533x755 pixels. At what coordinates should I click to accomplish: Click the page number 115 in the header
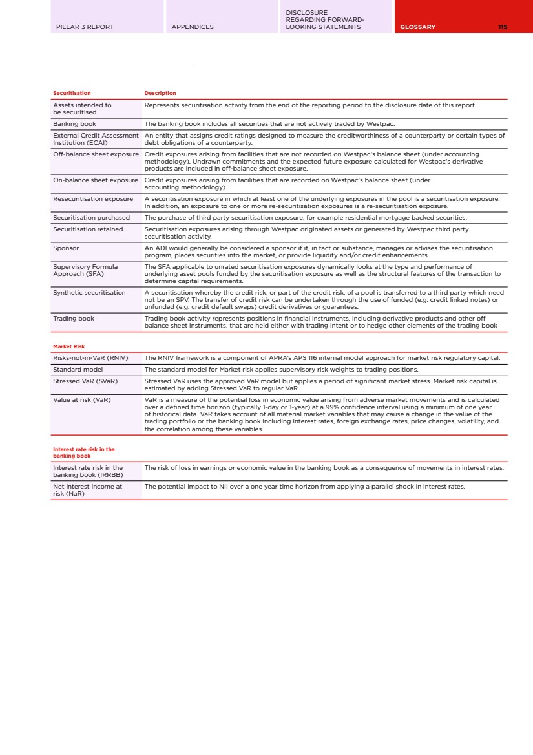[x=502, y=27]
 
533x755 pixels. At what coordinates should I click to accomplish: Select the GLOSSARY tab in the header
[x=417, y=27]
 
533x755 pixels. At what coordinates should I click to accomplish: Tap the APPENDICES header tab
[x=193, y=27]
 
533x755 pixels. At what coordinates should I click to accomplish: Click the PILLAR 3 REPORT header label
[x=85, y=27]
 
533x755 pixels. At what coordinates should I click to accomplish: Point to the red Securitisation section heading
[x=72, y=94]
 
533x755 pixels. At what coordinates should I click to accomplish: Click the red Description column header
[x=160, y=94]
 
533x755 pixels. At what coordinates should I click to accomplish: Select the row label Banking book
[x=74, y=123]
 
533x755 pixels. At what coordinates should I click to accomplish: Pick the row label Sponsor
[x=66, y=248]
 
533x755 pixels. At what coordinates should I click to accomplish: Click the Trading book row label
[x=74, y=318]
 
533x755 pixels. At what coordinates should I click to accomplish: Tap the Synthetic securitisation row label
[x=89, y=293]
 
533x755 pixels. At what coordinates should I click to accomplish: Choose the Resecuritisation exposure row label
[x=93, y=198]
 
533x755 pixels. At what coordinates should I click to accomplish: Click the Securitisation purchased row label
[x=91, y=218]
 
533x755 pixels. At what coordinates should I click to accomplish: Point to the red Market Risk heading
[x=68, y=347]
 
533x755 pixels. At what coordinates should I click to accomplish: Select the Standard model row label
[x=78, y=370]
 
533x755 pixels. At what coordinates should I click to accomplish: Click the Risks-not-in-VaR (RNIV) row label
[x=90, y=357]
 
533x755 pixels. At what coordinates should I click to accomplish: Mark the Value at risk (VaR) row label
[x=82, y=400]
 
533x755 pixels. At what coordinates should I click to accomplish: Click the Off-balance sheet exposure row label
[x=96, y=154]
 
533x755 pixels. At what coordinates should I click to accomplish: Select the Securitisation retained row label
[x=88, y=229]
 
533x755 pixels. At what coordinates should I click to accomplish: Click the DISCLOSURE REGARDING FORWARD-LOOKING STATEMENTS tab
[x=325, y=20]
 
